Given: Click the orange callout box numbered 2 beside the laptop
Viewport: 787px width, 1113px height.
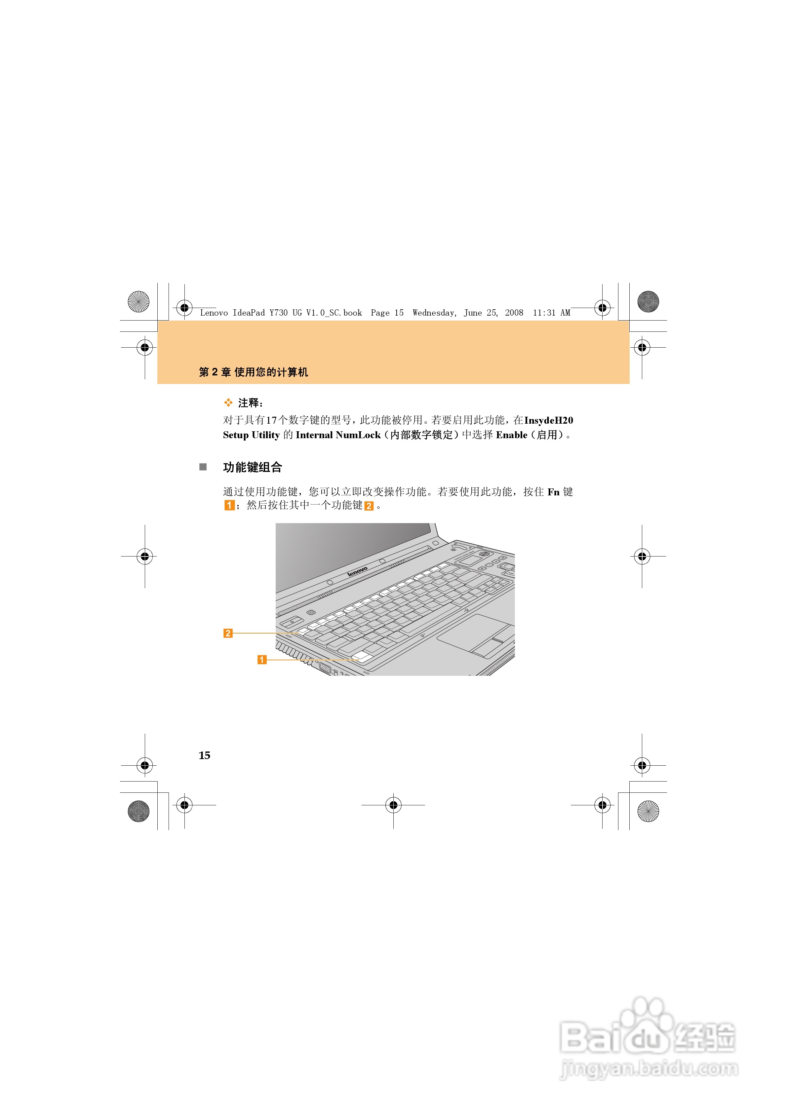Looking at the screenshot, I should pos(227,633).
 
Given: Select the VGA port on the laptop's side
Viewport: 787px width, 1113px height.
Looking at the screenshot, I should pos(325,669).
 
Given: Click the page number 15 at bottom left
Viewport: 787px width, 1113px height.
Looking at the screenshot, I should pos(204,755).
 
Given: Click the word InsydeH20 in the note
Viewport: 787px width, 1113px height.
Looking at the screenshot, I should pos(548,420).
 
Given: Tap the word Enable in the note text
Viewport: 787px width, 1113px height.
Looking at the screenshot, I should pos(511,435).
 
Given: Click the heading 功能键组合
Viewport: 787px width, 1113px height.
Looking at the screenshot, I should pos(252,467).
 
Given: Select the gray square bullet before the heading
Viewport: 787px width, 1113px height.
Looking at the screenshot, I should pos(203,467).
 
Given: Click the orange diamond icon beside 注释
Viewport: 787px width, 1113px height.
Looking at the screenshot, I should pos(228,403).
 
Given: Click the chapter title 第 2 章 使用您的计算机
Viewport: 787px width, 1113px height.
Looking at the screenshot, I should pos(253,372).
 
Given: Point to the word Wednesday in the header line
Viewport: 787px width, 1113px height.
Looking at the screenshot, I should pos(434,313).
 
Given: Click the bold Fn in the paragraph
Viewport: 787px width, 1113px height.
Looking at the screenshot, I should pos(553,492).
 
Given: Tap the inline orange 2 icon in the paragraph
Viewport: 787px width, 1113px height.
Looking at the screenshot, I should pos(369,506).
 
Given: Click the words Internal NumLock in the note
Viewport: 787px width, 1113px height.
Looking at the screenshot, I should pos(338,435).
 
